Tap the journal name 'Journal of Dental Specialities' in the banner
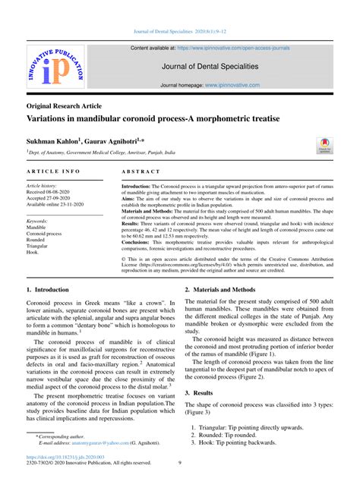pyautogui.click(x=215, y=67)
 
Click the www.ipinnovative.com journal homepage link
pyautogui.click(x=257, y=85)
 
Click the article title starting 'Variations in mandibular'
pyautogui.click(x=153, y=120)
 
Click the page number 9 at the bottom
pyautogui.click(x=179, y=463)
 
